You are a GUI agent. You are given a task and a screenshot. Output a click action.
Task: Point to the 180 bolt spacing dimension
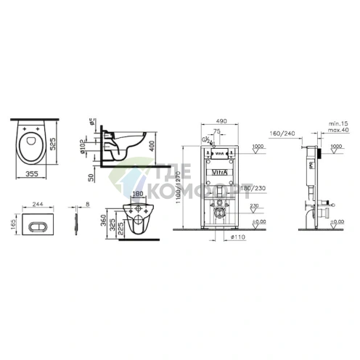pyautogui.click(x=139, y=195)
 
